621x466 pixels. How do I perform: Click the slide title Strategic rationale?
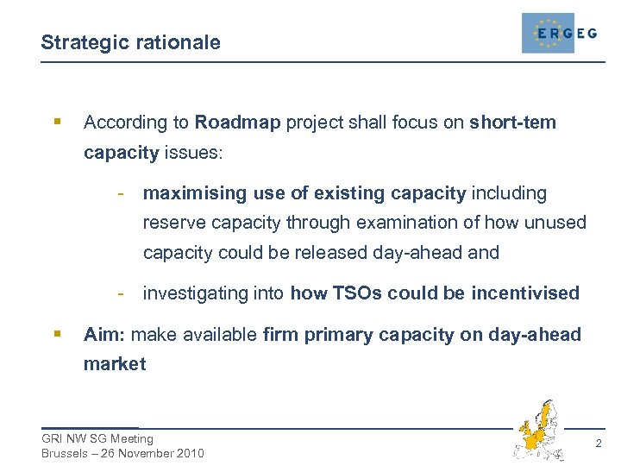(x=130, y=42)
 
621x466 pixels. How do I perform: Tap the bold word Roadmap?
(x=238, y=123)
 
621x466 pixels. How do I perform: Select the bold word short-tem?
(x=513, y=123)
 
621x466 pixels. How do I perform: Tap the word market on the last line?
(x=115, y=364)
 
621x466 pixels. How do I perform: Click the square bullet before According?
(x=56, y=123)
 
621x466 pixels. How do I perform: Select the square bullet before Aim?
(x=56, y=334)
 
